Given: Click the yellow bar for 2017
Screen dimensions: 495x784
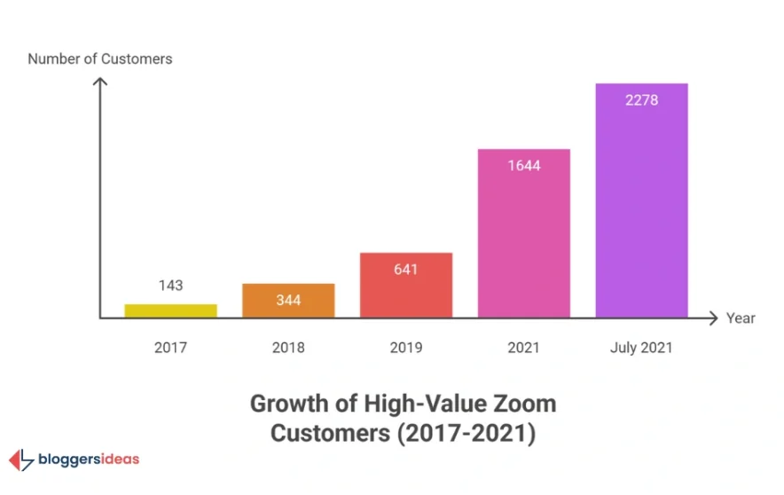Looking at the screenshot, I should pos(170,310).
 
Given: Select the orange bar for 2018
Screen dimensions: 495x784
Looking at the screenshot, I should pos(288,301).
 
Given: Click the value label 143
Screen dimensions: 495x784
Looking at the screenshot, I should pos(170,285).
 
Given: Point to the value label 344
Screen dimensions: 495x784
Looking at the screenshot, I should pos(288,300).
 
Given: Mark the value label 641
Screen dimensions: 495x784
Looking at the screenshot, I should pos(406,269).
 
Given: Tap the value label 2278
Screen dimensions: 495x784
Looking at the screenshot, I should pos(641,100).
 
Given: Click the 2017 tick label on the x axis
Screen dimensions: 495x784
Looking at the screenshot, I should pos(170,347).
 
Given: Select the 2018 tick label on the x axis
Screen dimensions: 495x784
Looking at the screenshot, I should pos(288,347).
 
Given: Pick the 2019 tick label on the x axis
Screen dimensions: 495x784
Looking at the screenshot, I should pos(406,347).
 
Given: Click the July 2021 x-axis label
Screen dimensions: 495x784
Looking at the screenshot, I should pos(641,347).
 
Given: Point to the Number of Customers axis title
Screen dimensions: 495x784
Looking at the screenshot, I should pos(100,59).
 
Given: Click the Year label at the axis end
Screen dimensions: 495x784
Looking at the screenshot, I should pos(741,318).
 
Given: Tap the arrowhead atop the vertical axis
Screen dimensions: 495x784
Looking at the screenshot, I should pos(100,82).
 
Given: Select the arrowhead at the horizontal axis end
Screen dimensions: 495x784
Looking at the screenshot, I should pos(714,318).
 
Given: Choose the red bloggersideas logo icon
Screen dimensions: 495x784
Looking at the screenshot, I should pos(20,460).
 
